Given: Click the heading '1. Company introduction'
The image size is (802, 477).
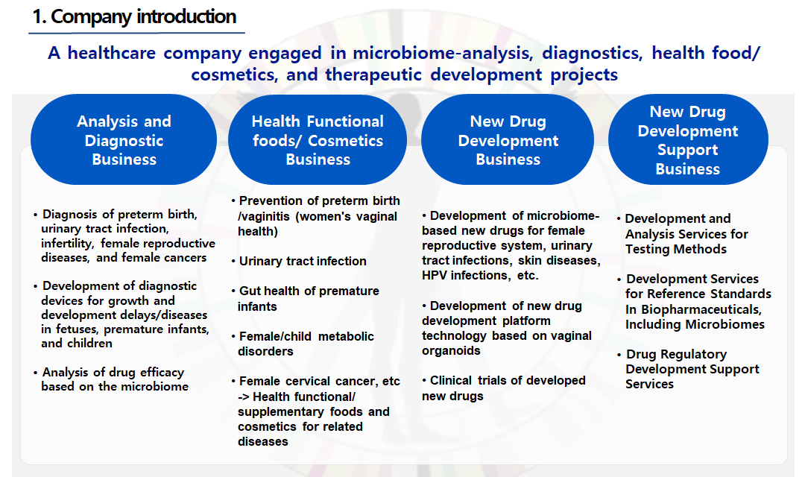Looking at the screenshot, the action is pyautogui.click(x=134, y=17).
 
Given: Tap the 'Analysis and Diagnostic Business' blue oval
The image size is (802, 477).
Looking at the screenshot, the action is pyautogui.click(x=124, y=139).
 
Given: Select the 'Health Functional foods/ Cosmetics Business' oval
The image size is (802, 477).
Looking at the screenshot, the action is pyautogui.click(x=318, y=139).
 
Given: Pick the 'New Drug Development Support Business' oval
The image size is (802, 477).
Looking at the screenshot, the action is pyautogui.click(x=688, y=139).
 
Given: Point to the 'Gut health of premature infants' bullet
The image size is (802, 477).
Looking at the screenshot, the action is pyautogui.click(x=306, y=299).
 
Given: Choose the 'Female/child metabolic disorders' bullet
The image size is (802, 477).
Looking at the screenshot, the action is pyautogui.click(x=303, y=344).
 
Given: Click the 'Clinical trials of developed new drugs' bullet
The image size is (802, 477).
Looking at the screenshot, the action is pyautogui.click(x=504, y=388).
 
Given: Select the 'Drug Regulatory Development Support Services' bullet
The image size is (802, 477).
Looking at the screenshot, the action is pyautogui.click(x=688, y=369).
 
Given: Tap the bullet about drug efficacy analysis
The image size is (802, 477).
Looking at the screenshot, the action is pyautogui.click(x=111, y=379).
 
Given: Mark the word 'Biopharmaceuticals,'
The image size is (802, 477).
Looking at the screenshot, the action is pyautogui.click(x=701, y=310).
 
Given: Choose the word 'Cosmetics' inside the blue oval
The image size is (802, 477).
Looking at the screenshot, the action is pyautogui.click(x=345, y=141).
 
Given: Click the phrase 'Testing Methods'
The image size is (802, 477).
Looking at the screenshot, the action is pyautogui.click(x=676, y=250).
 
